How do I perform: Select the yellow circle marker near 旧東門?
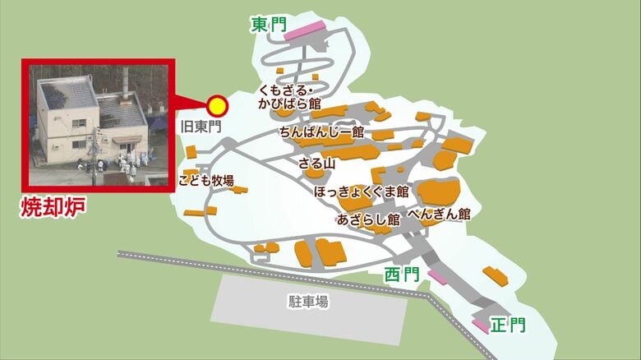coord(217,105)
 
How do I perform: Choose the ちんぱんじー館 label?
coord(321,132)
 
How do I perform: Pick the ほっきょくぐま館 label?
coord(362,192)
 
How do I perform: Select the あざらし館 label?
coord(368,219)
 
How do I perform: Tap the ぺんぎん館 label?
coord(443,215)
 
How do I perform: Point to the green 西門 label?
coord(402,274)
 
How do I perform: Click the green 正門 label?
coord(507,325)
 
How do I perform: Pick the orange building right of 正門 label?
coord(493,275)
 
